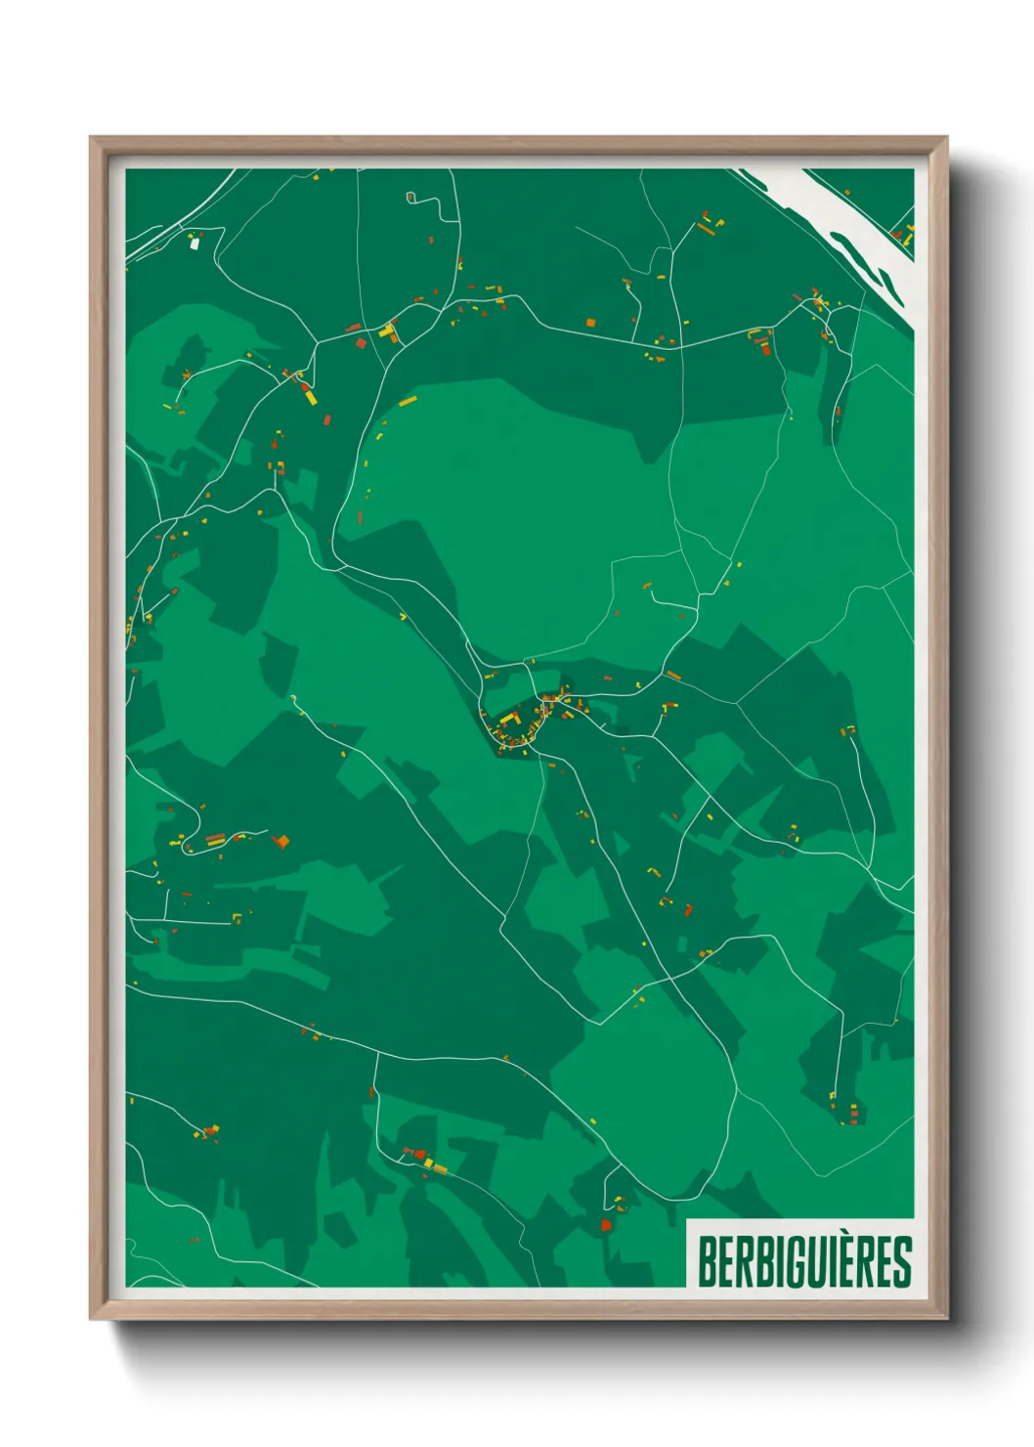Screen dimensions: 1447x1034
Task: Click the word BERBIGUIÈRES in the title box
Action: coord(804,1261)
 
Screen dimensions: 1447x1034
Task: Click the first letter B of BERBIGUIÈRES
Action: coord(707,1261)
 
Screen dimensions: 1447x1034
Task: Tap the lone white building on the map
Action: coord(194,243)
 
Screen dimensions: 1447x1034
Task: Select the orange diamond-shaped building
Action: coord(281,841)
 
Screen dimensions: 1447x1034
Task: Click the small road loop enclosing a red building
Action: coord(411,197)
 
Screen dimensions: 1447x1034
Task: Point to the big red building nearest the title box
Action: coord(606,1224)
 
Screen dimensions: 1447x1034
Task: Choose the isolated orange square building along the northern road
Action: coord(590,322)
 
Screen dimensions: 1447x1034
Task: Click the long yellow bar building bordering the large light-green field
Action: coord(408,401)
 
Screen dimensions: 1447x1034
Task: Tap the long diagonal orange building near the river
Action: coord(705,229)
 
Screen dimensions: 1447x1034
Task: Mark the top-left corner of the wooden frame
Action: coord(91,138)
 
